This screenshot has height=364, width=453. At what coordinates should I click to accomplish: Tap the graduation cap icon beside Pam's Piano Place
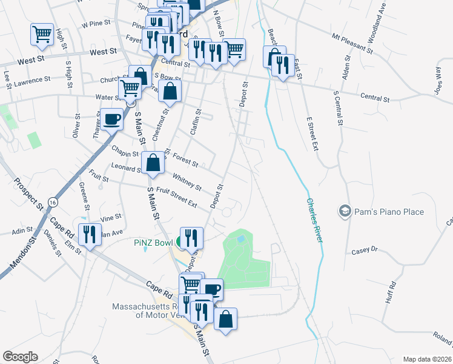(345, 211)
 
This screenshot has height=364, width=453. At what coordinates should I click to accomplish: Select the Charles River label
(313, 220)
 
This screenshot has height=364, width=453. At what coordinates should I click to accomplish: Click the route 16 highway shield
(53, 201)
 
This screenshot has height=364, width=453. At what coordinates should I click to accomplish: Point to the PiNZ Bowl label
(154, 243)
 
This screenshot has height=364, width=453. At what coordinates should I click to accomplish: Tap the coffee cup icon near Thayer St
(111, 119)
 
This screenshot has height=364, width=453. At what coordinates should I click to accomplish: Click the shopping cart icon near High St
(41, 34)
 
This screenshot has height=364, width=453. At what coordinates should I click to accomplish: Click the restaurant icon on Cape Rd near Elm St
(90, 234)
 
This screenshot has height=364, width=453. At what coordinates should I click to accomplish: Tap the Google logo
(20, 357)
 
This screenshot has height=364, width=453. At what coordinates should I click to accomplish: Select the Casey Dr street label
(365, 250)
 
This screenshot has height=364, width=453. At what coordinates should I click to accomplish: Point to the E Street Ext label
(312, 134)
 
